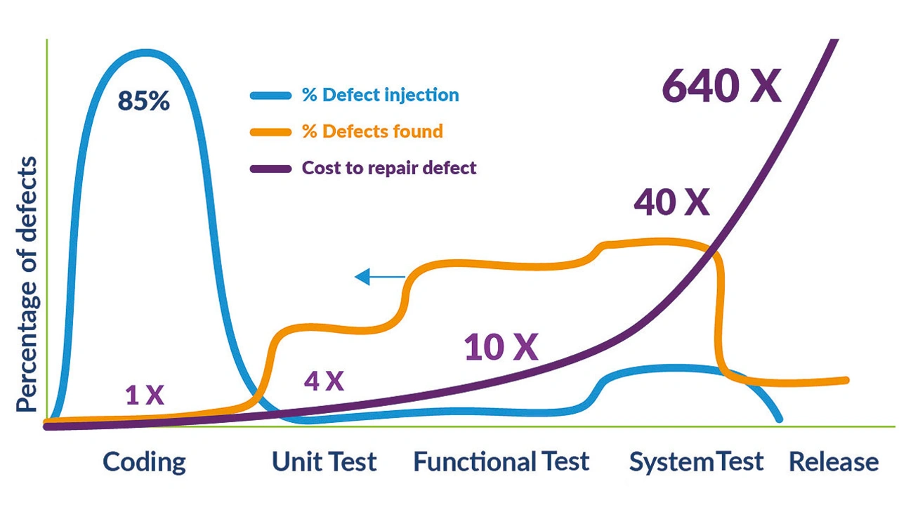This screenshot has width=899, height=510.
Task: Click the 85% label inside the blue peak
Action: (144, 100)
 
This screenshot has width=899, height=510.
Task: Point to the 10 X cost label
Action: (501, 347)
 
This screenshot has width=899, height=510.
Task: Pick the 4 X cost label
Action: (324, 381)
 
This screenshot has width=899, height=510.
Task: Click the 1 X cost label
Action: (145, 395)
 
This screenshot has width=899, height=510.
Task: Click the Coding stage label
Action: (145, 462)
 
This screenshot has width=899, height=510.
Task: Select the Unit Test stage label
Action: (324, 462)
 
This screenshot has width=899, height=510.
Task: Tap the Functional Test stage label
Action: (501, 462)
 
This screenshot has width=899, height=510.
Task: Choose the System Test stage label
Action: (696, 462)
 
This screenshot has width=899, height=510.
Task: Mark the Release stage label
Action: (834, 462)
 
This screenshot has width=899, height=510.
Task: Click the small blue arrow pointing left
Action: (380, 277)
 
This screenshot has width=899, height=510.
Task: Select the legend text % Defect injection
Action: (380, 95)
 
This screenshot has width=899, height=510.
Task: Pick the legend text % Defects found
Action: (372, 131)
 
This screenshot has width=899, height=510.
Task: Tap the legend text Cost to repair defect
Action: (389, 168)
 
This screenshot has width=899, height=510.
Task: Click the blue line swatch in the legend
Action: (270, 96)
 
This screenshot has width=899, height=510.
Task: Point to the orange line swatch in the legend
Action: (270, 132)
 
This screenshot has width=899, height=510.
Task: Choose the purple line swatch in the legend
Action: (270, 169)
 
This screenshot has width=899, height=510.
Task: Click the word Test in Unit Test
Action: (353, 462)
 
